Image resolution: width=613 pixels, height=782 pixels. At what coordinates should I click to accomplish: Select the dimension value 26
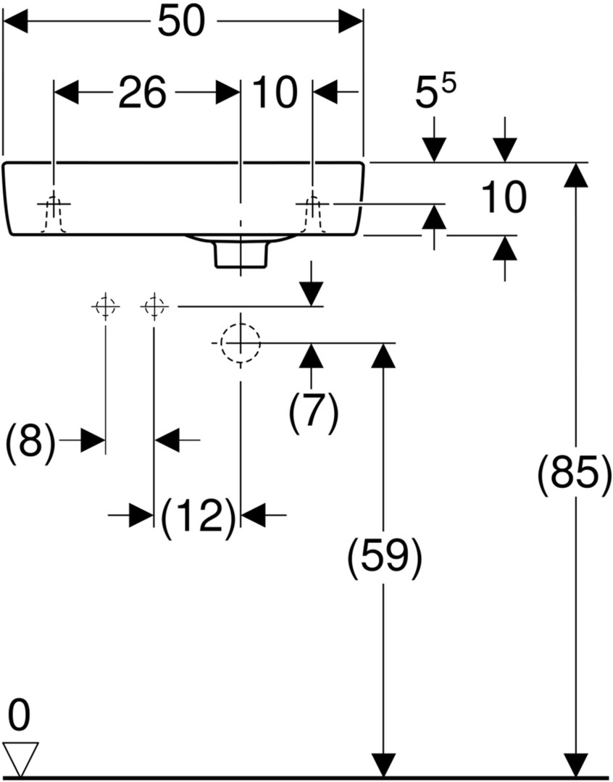pyautogui.click(x=142, y=92)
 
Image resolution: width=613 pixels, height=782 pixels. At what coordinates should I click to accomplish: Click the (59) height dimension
pyautogui.click(x=384, y=555)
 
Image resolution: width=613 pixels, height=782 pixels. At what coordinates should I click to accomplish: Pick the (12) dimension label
pyautogui.click(x=199, y=516)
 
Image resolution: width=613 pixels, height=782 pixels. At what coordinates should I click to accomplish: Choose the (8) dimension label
pyautogui.click(x=30, y=441)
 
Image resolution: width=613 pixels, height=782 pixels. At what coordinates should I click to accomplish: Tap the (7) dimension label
pyautogui.click(x=314, y=411)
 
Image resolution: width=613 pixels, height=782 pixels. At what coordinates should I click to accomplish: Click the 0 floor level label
pyautogui.click(x=20, y=715)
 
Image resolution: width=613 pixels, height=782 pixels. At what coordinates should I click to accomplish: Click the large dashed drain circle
pyautogui.click(x=241, y=343)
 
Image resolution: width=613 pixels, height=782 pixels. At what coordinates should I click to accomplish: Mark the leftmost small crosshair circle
pyautogui.click(x=105, y=306)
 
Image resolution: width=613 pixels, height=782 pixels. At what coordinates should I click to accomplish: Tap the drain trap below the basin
pyautogui.click(x=241, y=255)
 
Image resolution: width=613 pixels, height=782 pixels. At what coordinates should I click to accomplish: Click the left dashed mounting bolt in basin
pyautogui.click(x=54, y=214)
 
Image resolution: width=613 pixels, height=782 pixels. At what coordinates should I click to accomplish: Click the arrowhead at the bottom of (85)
pyautogui.click(x=576, y=764)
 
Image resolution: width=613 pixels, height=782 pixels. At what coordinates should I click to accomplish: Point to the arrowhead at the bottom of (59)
pyautogui.click(x=383, y=764)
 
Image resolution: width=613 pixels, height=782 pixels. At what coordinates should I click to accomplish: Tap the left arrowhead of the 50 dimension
pyautogui.click(x=15, y=22)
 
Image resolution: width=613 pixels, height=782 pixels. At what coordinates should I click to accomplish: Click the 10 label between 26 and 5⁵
pyautogui.click(x=275, y=92)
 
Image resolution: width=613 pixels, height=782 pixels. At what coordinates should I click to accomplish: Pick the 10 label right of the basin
pyautogui.click(x=503, y=198)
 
